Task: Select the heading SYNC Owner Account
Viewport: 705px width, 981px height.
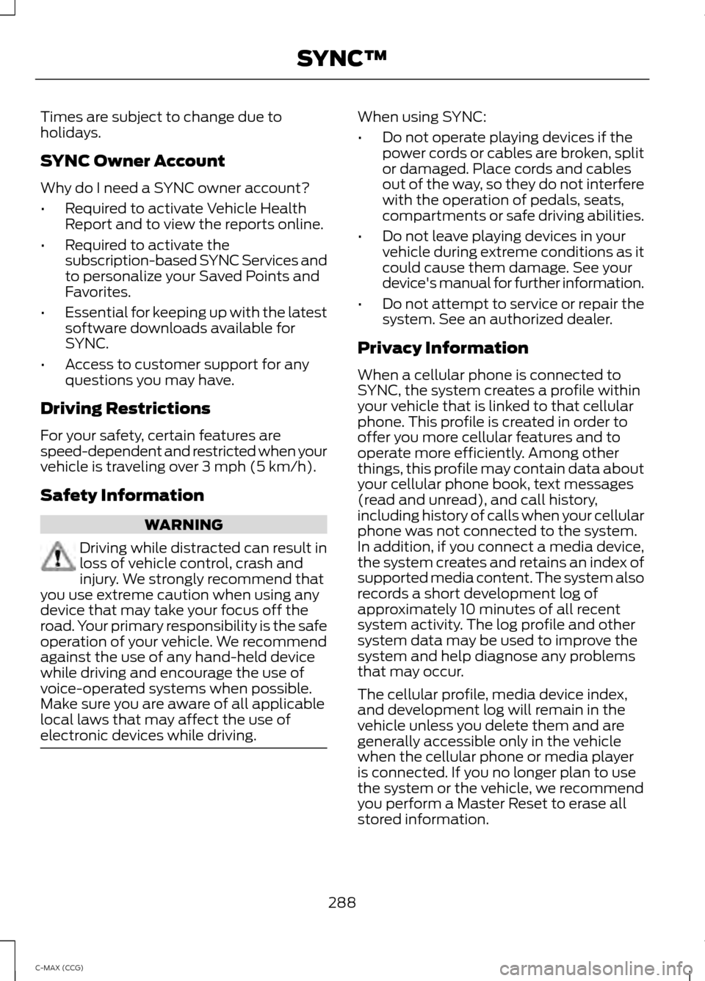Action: (x=133, y=161)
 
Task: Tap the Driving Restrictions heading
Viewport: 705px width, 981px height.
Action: (x=126, y=408)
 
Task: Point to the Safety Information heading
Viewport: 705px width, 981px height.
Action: (x=123, y=495)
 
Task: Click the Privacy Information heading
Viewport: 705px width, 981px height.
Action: (x=443, y=348)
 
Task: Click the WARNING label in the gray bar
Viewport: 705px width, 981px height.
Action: (x=184, y=525)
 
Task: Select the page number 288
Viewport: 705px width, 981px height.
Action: (x=342, y=902)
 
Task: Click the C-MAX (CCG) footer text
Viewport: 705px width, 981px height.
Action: (x=62, y=968)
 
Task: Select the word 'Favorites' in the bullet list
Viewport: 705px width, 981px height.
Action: (x=95, y=292)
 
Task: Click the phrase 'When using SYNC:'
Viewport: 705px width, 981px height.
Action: (x=422, y=117)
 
